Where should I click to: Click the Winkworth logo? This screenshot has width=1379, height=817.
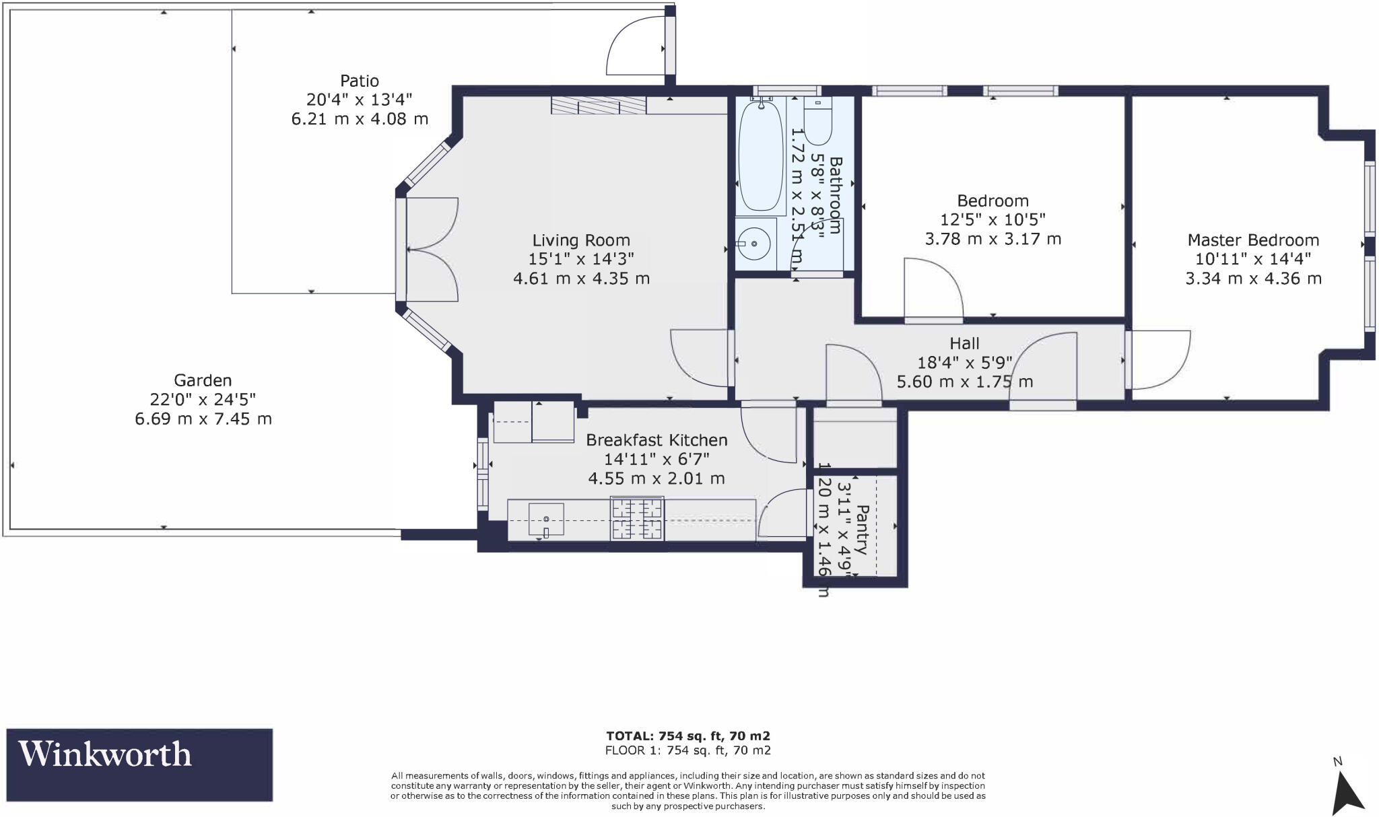[139, 764]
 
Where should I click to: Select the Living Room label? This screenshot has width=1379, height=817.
[581, 240]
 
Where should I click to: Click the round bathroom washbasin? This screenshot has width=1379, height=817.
[755, 244]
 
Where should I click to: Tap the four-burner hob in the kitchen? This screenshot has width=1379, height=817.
[637, 518]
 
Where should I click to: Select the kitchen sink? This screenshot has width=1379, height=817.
[546, 519]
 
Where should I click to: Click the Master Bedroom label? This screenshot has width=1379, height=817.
[1253, 240]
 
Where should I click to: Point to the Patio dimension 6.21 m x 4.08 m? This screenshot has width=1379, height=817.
[360, 119]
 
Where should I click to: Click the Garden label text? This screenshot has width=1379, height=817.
[203, 380]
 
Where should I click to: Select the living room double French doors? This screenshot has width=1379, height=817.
[432, 249]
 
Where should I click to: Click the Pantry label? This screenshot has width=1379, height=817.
[863, 529]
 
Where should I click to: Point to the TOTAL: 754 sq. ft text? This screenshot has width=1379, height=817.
[687, 736]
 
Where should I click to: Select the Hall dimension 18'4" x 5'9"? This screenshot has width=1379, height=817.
[964, 363]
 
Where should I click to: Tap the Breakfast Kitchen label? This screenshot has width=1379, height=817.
[657, 440]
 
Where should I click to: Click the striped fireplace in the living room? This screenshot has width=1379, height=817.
[598, 106]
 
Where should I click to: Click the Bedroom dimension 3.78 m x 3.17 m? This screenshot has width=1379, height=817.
[993, 239]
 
